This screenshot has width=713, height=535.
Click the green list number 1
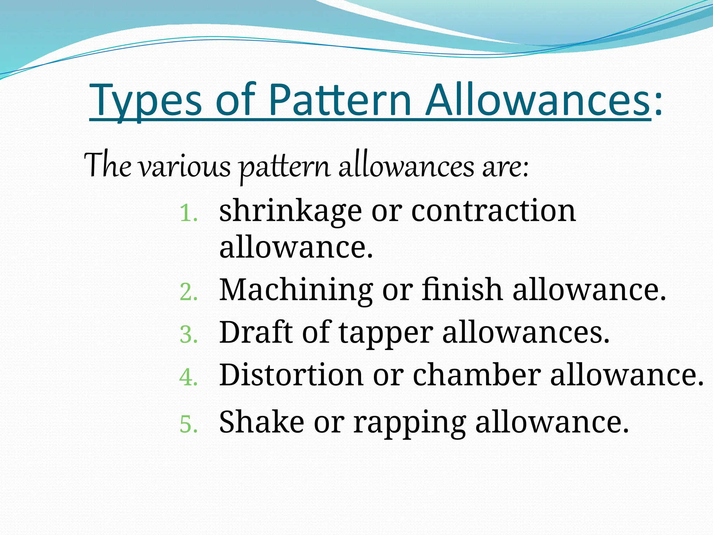coord(188,213)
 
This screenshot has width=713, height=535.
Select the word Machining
coord(296,290)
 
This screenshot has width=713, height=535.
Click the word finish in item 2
coord(462,289)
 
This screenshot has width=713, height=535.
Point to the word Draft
coord(256,332)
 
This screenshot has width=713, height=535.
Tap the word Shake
coord(261,422)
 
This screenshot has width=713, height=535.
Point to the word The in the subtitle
coord(108,165)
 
